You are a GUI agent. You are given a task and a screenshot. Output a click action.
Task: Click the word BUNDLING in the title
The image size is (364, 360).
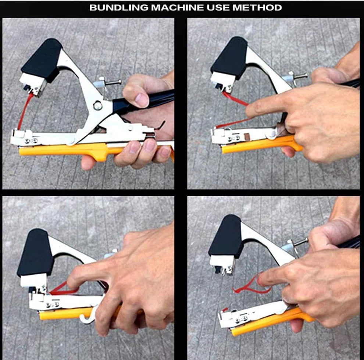pyautogui.click(x=119, y=8)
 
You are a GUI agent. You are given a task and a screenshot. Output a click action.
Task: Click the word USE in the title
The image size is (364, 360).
pyautogui.click(x=218, y=8)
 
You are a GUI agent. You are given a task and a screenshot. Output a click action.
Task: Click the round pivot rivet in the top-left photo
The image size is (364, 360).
pyautogui.click(x=98, y=106)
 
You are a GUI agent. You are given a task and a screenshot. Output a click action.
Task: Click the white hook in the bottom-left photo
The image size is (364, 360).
pyautogui.click(x=89, y=314)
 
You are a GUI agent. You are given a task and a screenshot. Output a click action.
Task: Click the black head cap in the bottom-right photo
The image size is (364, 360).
pyautogui.click(x=226, y=237)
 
